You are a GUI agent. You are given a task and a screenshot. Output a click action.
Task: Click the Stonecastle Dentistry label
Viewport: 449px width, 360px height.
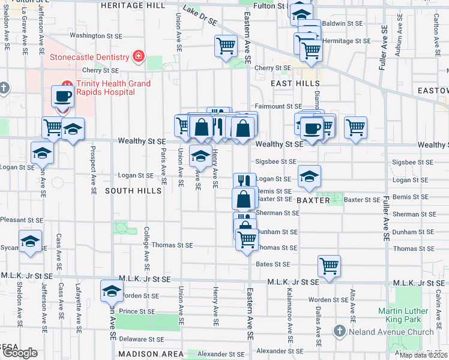[90, 57]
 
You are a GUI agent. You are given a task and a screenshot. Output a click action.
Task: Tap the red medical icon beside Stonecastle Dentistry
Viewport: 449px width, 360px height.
[139, 56]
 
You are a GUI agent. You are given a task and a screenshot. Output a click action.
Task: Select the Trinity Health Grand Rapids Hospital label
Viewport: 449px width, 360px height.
[113, 88]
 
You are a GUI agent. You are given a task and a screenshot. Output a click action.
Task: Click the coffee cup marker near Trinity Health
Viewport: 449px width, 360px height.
[62, 96]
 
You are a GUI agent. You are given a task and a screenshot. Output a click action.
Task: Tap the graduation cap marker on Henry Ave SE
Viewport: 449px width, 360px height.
[200, 156]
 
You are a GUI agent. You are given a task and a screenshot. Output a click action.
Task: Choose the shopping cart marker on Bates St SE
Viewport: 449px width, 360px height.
[329, 265]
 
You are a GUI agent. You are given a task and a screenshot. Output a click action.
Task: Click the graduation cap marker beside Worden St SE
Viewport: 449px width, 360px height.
[112, 290]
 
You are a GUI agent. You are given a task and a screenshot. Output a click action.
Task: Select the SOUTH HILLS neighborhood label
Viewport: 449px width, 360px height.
[133, 191]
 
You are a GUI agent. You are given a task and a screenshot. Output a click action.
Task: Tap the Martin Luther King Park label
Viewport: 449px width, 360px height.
[403, 315]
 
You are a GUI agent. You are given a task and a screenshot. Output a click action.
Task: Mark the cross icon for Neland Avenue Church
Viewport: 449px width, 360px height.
[339, 331]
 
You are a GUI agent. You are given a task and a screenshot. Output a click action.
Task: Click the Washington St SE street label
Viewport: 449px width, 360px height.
[96, 35]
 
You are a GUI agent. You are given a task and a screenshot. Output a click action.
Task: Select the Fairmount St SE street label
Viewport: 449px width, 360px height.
[278, 106]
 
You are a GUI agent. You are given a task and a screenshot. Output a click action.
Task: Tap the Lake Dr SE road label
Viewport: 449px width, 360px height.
[200, 16]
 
